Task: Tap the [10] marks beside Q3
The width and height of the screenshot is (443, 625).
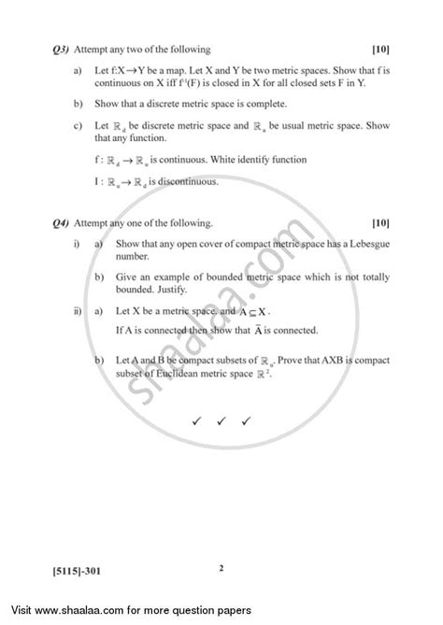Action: click(380, 50)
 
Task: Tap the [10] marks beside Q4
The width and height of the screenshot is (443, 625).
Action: click(380, 223)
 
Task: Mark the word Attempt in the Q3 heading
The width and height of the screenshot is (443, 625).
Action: click(87, 50)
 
